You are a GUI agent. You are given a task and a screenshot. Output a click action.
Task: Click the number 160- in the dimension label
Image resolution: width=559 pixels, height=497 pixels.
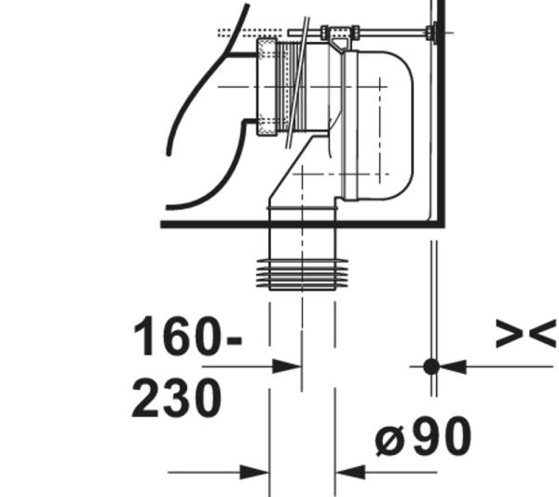point(187,336)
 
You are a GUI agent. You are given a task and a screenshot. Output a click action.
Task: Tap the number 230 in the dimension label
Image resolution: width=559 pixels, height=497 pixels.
point(177,398)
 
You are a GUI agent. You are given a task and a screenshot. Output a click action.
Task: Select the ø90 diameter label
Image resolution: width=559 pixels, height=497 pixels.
point(423,436)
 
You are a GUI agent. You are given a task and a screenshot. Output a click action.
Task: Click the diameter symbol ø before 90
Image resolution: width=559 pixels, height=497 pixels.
point(390,441)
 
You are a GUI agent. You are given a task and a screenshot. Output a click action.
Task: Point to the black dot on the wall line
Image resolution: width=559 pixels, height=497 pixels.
point(431,366)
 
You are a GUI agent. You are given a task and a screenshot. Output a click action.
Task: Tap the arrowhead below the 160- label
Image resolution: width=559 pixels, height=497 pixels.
point(287,366)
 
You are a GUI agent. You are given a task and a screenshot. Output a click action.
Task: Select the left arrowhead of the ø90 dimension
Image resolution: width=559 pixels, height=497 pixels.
point(254,473)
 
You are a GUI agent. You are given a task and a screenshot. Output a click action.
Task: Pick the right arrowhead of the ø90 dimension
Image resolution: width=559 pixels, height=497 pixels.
point(350,473)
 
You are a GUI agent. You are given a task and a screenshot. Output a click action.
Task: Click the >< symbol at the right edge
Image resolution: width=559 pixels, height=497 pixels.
point(526,334)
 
